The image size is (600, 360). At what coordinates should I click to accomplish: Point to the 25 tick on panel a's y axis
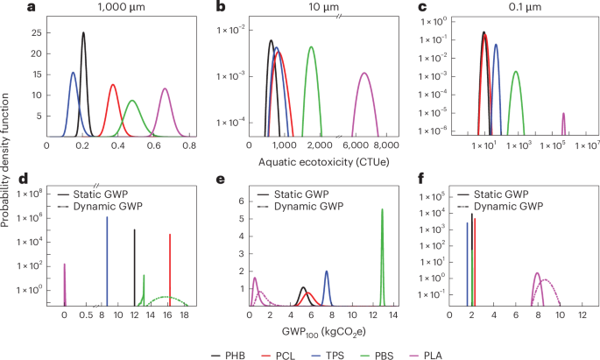tap(34, 32)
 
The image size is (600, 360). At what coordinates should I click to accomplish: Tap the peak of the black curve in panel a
tap(83, 33)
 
